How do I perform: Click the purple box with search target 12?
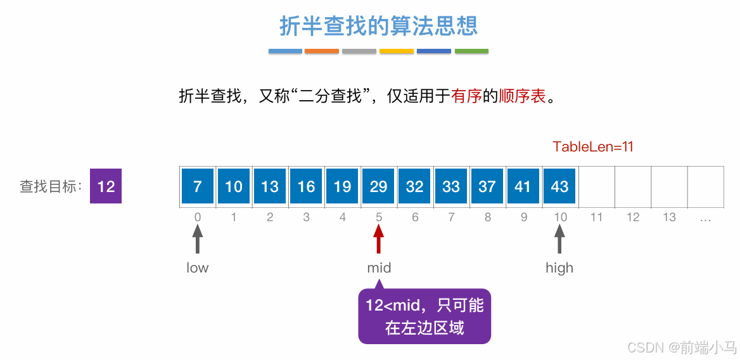[106, 186]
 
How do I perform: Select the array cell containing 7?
[198, 186]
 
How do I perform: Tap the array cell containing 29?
[379, 186]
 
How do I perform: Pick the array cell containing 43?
[559, 186]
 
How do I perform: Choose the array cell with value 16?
[306, 186]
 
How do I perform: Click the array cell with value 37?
[487, 186]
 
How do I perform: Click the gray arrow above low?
[198, 241]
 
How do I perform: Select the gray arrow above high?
[559, 241]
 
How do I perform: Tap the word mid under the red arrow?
[379, 268]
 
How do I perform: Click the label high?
[559, 268]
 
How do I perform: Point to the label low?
[198, 268]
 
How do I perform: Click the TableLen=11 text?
[593, 147]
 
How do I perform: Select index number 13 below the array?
[669, 217]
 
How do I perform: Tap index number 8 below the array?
[487, 217]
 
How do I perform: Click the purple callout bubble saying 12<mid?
[424, 317]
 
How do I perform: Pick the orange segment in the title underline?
[322, 51]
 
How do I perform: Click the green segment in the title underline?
[471, 51]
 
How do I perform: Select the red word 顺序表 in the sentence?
[522, 97]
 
